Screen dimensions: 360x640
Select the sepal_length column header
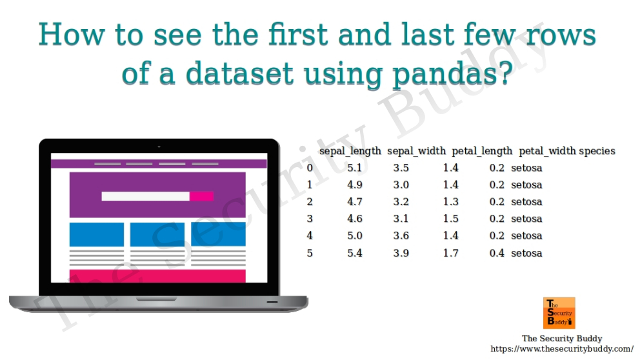coord(350,151)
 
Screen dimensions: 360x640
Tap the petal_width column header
coord(546,151)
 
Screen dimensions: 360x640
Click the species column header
coord(597,151)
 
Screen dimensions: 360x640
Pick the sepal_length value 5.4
coord(355,253)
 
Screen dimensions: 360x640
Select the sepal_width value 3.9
coord(401,253)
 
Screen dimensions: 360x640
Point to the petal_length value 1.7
coord(450,253)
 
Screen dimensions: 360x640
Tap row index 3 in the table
coord(310,219)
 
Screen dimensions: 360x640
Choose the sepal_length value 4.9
coord(355,185)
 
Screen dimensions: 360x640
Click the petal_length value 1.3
coord(450,202)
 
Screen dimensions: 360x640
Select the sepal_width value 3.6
coord(401,235)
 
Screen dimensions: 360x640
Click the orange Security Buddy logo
coord(559,313)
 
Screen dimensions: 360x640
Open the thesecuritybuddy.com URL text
coord(562,349)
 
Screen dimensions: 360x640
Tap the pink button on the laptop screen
coord(201,196)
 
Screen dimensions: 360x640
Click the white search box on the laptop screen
coord(145,196)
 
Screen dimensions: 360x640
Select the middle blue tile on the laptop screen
coord(157,234)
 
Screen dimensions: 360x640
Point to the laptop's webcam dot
coord(159,146)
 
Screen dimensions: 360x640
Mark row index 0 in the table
coord(310,168)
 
